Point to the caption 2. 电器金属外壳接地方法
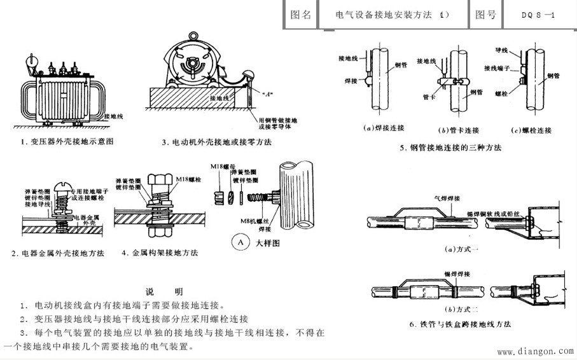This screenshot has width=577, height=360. [x=57, y=253]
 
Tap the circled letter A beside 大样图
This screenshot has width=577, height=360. [x=240, y=242]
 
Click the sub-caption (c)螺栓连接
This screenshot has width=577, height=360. [x=532, y=130]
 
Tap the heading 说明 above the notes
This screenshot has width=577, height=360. [x=165, y=291]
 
